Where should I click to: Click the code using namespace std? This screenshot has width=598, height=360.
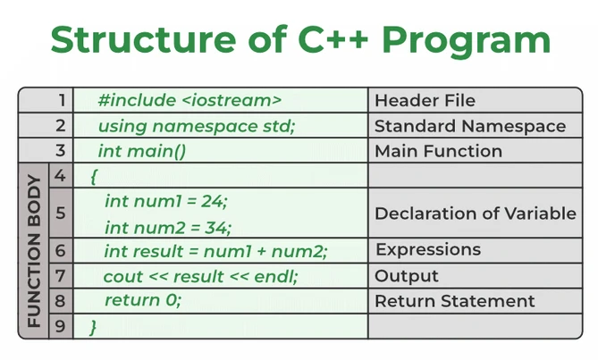click(196, 126)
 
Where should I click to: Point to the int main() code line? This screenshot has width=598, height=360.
click(141, 151)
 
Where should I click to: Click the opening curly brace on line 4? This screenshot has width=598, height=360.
click(94, 176)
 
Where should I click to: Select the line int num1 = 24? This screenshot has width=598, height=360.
click(165, 201)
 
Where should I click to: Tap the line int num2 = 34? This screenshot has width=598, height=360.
click(167, 227)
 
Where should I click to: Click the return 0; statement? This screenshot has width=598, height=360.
click(142, 301)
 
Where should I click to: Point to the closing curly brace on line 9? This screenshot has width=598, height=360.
click(92, 327)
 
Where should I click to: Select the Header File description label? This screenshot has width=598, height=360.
click(425, 100)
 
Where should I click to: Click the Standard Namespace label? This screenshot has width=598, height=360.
click(469, 126)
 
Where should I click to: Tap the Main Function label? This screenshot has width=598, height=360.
click(438, 151)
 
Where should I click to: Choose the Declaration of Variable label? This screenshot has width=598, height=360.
click(475, 213)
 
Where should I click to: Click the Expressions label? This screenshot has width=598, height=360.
click(427, 249)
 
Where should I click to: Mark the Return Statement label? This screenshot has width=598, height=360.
click(454, 301)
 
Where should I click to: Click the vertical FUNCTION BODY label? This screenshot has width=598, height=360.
click(33, 251)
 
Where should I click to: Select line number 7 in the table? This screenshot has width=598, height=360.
click(60, 276)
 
